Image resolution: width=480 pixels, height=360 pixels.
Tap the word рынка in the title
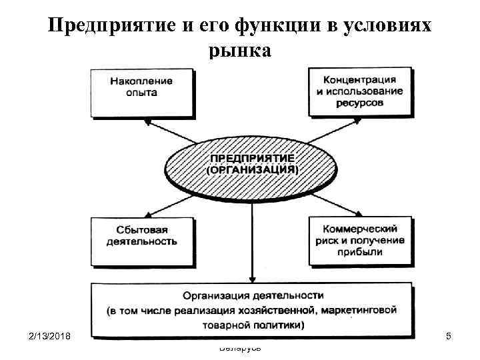pos(240,51)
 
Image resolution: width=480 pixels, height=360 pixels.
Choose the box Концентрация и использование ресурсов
pos(359,91)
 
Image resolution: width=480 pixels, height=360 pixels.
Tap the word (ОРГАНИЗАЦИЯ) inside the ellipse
pos(253,171)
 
